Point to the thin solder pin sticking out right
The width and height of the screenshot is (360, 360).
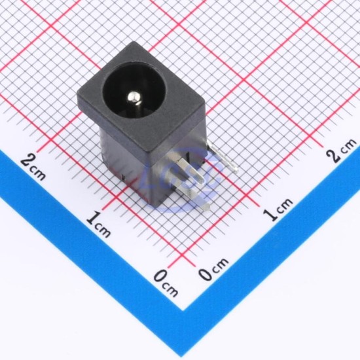pos(223,156)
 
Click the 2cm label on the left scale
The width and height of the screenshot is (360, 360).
pos(33,167)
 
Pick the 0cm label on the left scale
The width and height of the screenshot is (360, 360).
pos(166,284)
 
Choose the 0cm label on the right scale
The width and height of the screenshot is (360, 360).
pos(213,268)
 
